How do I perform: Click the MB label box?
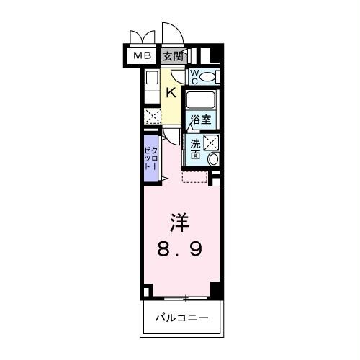(140, 55)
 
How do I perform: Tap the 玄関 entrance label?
(174, 55)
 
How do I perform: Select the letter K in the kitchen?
(171, 91)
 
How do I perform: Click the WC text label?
(194, 77)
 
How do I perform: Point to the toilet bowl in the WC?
(208, 77)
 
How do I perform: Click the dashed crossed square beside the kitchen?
(151, 116)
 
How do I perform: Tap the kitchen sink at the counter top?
(151, 78)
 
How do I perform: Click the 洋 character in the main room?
(179, 221)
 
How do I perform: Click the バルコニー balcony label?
(182, 317)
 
